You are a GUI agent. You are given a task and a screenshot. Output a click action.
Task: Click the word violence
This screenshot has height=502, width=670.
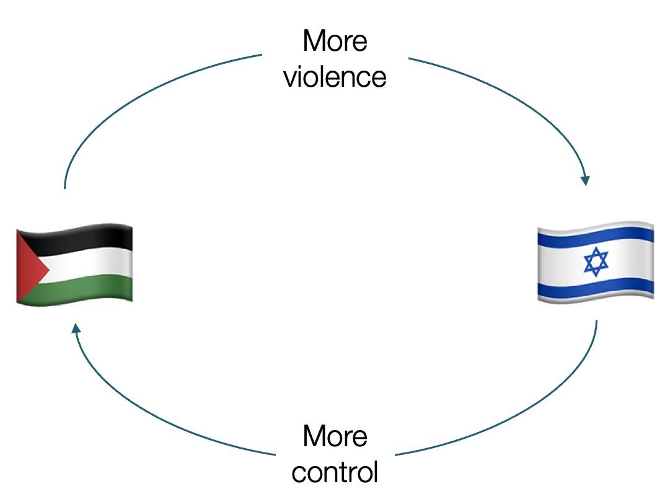(335, 77)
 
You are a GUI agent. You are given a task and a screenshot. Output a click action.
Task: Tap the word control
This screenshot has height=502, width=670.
(335, 472)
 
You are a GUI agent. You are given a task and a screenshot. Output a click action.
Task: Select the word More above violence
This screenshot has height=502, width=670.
(335, 42)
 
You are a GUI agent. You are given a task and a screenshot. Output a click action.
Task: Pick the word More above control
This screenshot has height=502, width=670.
(335, 436)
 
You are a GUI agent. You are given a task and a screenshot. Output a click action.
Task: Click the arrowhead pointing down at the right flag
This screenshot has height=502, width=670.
(584, 180)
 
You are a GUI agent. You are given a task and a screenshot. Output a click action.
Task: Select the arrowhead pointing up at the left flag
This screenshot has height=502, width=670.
(76, 327)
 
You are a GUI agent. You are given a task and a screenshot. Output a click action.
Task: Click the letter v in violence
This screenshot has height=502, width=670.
(289, 78)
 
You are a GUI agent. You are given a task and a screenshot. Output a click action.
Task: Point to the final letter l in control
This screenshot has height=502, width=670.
(374, 472)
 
